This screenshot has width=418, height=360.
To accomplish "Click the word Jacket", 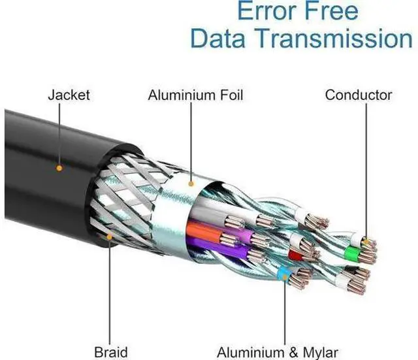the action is (x=69, y=95).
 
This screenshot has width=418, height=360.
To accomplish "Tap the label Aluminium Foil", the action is (x=195, y=95).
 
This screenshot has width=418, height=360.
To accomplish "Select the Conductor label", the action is (x=359, y=95).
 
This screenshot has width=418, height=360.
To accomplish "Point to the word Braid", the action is (x=111, y=352).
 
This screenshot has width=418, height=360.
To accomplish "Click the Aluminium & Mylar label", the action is (x=278, y=353).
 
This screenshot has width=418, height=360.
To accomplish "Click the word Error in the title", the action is (x=267, y=10).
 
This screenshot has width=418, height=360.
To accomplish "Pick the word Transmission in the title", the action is (x=334, y=38).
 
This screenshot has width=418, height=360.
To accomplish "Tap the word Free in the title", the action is (x=331, y=10).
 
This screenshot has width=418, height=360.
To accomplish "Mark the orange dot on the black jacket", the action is (x=59, y=168).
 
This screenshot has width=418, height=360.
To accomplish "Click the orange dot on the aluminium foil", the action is (x=191, y=184).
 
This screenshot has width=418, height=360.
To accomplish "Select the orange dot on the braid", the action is (x=109, y=237).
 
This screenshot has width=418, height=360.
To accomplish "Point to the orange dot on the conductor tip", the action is (x=366, y=242).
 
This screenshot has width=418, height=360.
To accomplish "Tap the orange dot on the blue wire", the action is (x=285, y=278).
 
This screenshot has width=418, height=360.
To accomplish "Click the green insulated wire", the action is (x=352, y=254).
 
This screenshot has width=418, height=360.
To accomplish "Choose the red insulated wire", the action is (x=295, y=255).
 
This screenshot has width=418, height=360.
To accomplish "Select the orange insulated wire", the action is (x=204, y=233).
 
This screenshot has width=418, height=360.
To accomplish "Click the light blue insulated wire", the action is (x=283, y=273).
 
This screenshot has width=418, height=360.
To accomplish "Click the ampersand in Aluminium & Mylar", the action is (x=293, y=353).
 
